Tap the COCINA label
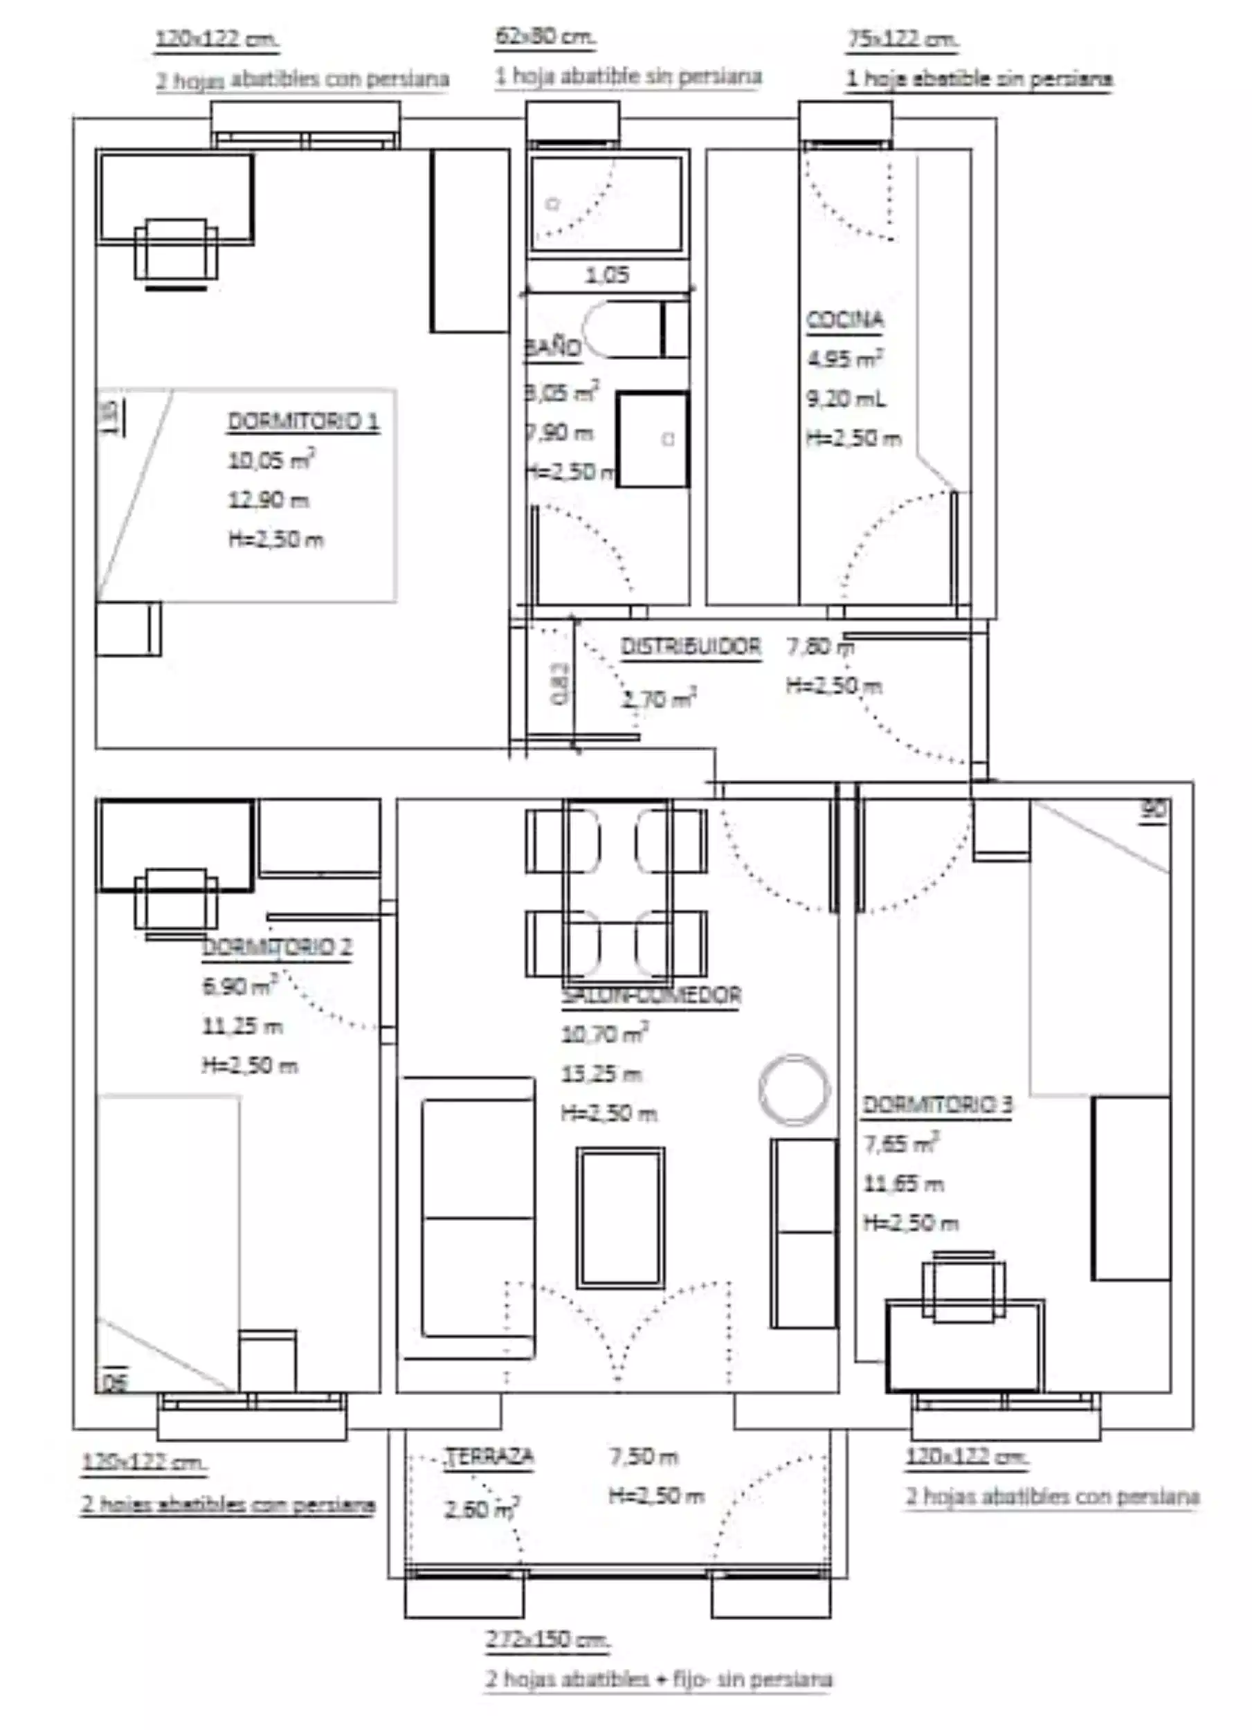(844, 320)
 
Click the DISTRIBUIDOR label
(691, 647)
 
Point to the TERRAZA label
(490, 1456)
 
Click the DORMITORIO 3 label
(937, 1104)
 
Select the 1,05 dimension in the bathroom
(607, 275)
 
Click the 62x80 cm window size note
(545, 36)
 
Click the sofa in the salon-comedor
(477, 1217)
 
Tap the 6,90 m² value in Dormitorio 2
(237, 986)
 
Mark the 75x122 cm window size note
(902, 38)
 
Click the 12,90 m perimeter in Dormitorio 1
(268, 500)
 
